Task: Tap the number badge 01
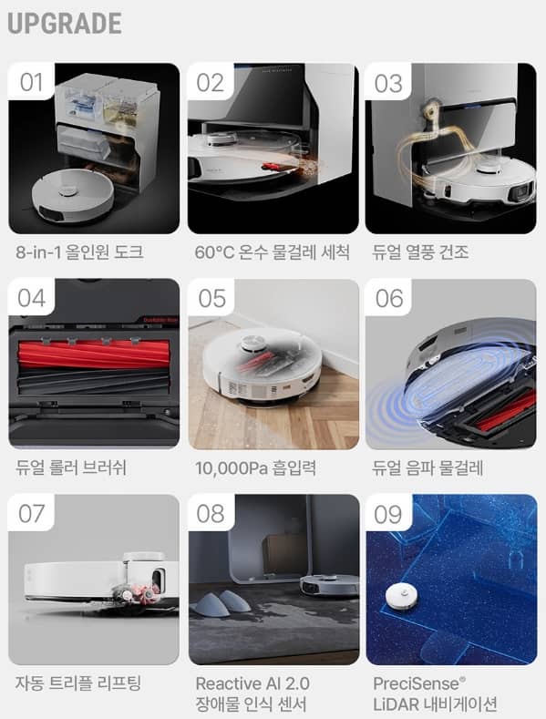tap(31, 83)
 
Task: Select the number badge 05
tap(211, 299)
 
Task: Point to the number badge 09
tap(388, 515)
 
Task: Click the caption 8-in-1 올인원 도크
tap(79, 252)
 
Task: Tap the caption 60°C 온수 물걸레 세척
tap(272, 252)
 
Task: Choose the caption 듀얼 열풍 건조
tap(423, 252)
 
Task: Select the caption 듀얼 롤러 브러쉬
tap(71, 467)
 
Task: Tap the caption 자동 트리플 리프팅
tap(79, 683)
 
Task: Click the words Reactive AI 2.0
tap(252, 683)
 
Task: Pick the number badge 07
tap(31, 515)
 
